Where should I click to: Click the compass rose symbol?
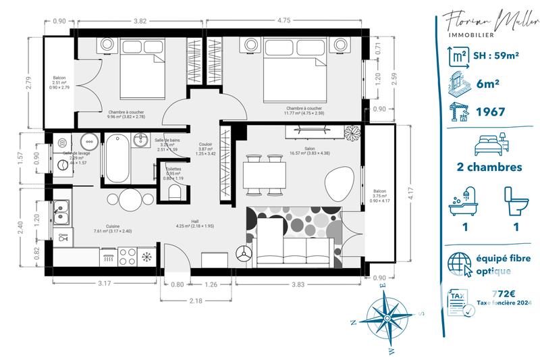385,315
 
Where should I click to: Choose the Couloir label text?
206,144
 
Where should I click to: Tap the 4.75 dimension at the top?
283,21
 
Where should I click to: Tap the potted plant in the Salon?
350,133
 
